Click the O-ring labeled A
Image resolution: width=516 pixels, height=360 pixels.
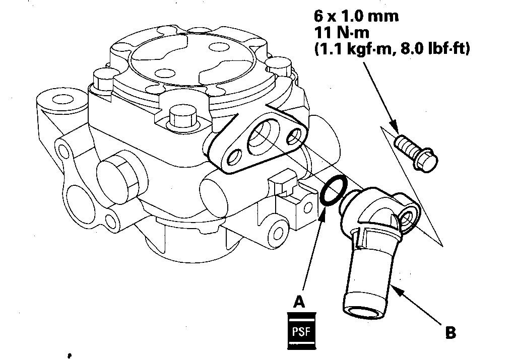[333, 192]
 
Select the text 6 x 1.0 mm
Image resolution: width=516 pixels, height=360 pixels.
[356, 16]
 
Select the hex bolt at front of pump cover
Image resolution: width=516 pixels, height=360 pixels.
[181, 117]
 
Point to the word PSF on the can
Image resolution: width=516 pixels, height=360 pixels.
[301, 332]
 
